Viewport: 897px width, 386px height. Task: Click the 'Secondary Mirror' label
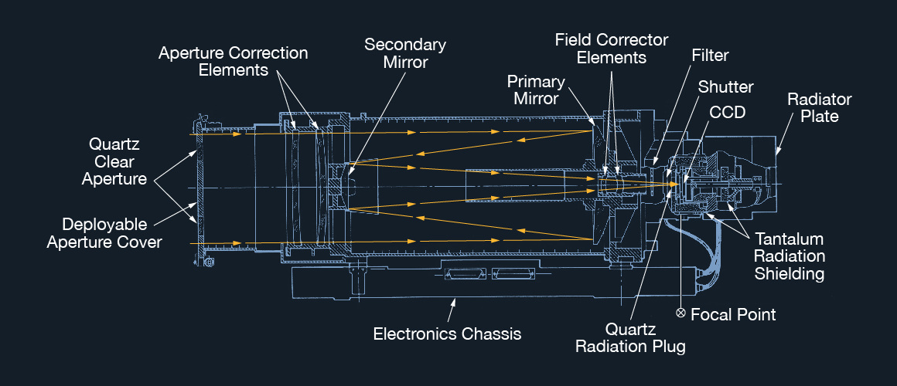[405, 53]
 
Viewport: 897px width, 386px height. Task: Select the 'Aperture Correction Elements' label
[233, 62]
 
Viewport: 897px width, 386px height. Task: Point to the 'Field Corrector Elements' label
[612, 48]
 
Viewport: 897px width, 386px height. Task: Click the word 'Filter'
[710, 56]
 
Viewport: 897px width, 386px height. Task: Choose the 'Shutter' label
[725, 86]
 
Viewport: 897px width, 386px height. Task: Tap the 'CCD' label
[728, 112]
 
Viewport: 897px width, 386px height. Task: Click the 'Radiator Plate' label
[819, 108]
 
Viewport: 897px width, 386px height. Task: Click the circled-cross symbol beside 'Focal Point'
[680, 313]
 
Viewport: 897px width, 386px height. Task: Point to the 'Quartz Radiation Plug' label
[630, 337]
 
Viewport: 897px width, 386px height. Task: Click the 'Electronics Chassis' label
[447, 334]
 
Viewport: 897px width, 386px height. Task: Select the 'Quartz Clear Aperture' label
[111, 162]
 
